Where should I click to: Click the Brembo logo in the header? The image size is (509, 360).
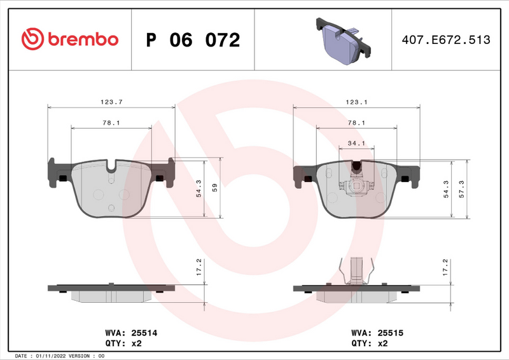(69, 39)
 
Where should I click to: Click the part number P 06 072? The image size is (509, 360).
(193, 40)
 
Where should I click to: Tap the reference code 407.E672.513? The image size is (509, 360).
(445, 40)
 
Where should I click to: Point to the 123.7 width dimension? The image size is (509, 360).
(111, 101)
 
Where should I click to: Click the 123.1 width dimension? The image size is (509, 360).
(356, 101)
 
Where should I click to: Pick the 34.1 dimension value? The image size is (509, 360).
(356, 143)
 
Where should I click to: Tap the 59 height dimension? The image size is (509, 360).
(214, 188)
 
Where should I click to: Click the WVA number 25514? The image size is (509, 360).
(144, 332)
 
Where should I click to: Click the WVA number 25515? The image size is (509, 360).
(390, 332)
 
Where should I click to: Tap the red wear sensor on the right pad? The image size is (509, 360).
(356, 168)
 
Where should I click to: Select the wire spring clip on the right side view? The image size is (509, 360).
(356, 270)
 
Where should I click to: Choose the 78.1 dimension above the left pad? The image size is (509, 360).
(111, 123)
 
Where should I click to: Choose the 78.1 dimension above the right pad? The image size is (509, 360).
(356, 123)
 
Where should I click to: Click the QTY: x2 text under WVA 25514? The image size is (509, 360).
(123, 343)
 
